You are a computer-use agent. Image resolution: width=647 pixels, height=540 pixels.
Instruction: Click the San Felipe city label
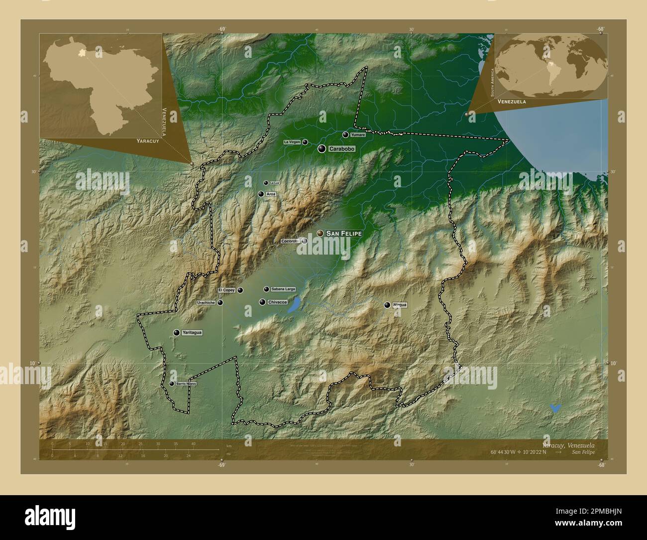point(344,233)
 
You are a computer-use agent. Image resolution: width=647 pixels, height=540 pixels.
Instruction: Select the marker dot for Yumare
point(345,135)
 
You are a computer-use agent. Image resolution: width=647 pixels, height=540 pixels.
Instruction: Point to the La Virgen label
point(292,142)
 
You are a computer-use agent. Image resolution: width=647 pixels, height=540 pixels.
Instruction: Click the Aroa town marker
point(261,194)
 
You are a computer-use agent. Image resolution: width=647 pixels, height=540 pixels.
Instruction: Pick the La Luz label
point(274,183)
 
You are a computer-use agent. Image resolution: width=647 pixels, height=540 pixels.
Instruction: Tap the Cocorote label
point(290,241)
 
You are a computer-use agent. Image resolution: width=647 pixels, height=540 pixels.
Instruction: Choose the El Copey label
point(226,290)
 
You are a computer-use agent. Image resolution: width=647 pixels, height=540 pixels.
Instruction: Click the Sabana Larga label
point(283,289)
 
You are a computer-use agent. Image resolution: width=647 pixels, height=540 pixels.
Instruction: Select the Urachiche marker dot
point(220,302)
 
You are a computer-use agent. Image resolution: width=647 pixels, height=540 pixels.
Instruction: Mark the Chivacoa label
point(277,302)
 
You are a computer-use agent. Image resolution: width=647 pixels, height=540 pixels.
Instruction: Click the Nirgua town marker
point(387,305)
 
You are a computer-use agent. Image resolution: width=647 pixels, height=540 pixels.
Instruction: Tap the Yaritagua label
point(192,332)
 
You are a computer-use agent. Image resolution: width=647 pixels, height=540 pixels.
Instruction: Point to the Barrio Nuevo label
point(186,384)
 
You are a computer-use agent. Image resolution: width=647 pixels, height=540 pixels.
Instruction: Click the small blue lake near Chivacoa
point(294,304)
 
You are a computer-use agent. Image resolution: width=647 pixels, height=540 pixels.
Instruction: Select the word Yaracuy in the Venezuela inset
point(147,141)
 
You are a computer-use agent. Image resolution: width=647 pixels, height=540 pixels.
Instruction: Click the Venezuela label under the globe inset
point(510,101)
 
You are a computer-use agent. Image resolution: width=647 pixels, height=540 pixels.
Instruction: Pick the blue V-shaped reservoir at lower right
point(555,408)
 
